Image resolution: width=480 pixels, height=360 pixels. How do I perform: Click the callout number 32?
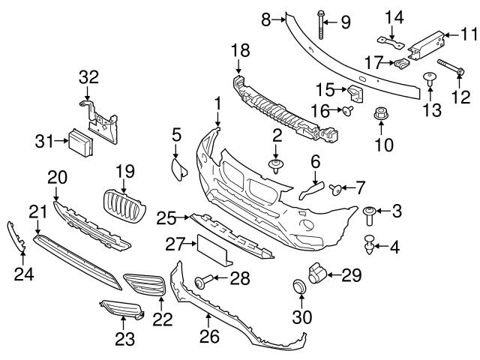[88, 77]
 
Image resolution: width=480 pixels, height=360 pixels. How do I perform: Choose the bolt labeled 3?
[370, 215]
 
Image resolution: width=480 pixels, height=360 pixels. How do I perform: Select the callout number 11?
[469, 34]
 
